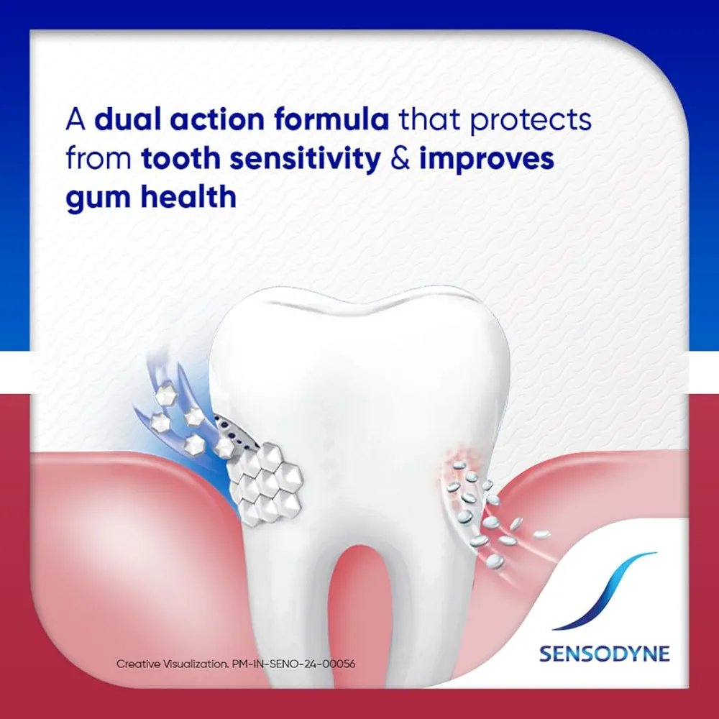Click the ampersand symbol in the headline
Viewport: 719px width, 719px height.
[x=400, y=158]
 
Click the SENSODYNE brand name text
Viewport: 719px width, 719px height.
[x=605, y=654]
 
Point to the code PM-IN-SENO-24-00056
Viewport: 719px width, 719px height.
[x=293, y=664]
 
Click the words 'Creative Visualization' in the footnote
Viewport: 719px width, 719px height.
[x=172, y=664]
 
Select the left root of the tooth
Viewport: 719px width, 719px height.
[x=289, y=619]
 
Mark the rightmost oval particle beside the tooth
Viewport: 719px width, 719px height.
[x=541, y=534]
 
